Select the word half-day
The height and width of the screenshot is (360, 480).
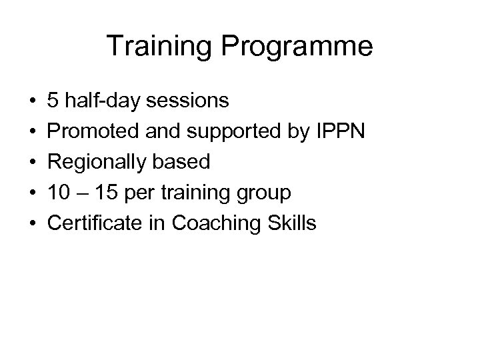pyautogui.click(x=100, y=101)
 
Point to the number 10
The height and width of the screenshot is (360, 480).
pyautogui.click(x=58, y=193)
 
